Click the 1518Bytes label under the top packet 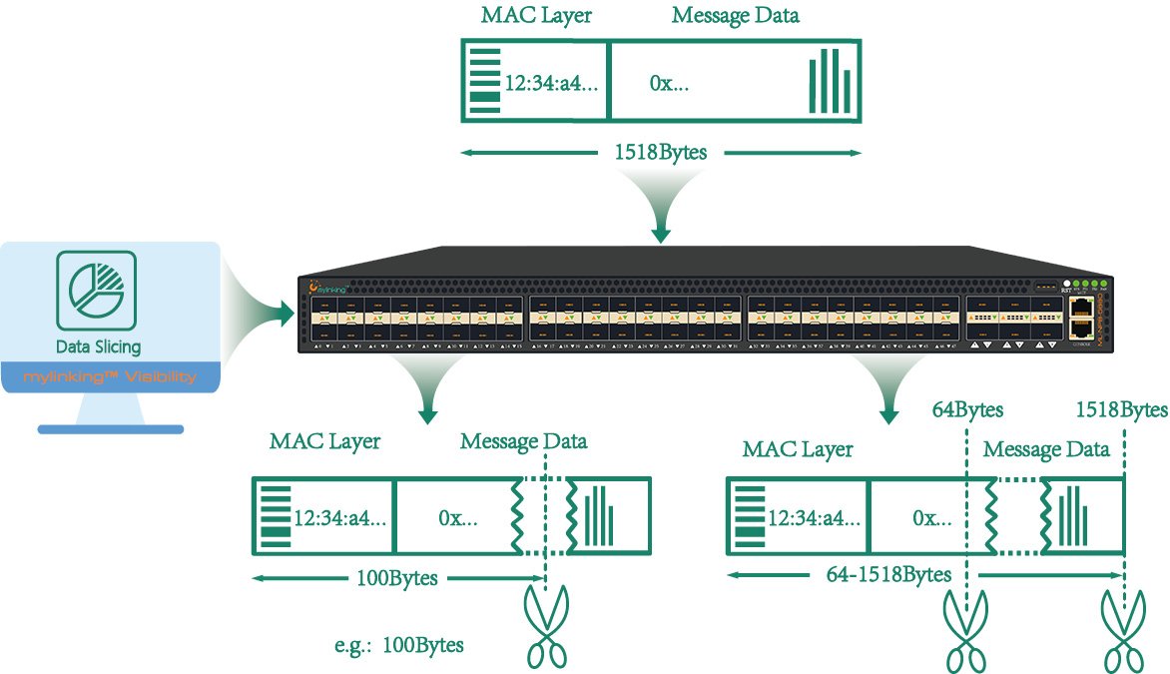coord(660,154)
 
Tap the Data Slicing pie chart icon coord(97,292)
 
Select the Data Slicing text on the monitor coord(98,347)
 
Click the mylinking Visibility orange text coord(109,377)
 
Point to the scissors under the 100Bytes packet coord(546,626)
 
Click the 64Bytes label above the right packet coord(967,409)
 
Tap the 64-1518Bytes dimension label coord(888,575)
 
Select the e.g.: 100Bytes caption coord(399,645)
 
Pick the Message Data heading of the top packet coord(736,16)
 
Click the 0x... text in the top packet coord(669,83)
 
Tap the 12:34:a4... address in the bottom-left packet coord(339,518)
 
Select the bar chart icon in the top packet coord(831,81)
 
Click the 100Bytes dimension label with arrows coord(396,578)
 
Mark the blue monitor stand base coord(110,429)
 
